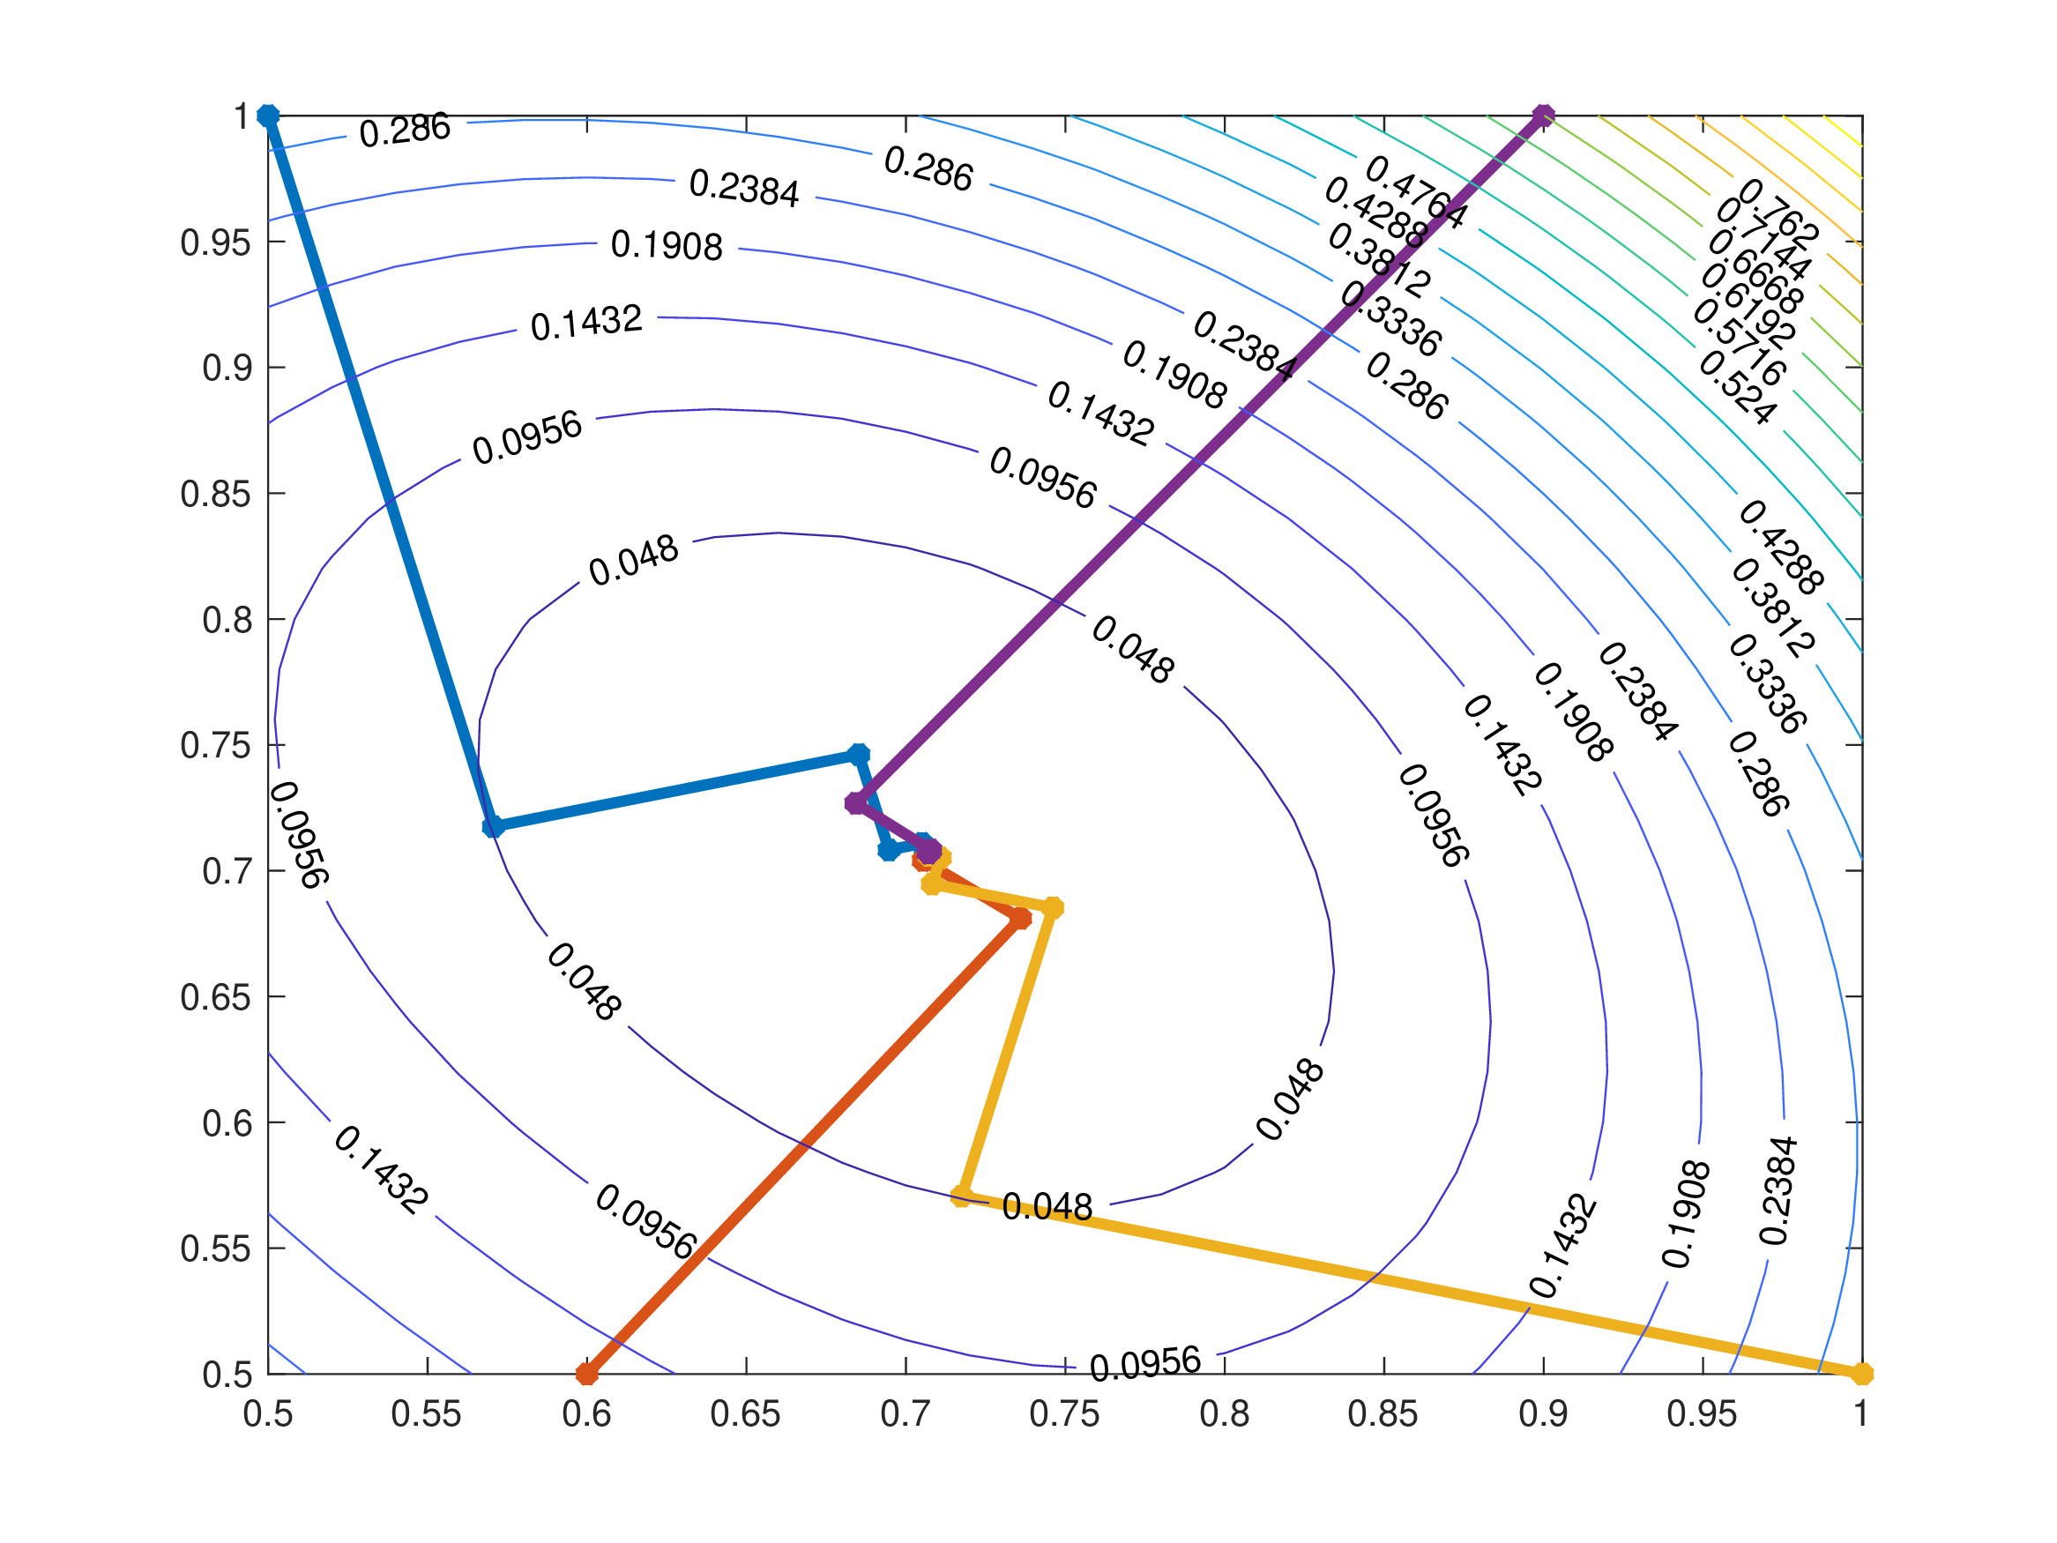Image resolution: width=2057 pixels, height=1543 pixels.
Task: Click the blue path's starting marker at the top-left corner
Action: [268, 116]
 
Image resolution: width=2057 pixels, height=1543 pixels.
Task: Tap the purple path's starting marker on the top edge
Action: [1543, 116]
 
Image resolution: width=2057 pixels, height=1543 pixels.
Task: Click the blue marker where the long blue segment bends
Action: [493, 827]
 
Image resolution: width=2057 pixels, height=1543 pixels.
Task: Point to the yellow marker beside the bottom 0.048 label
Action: [962, 1196]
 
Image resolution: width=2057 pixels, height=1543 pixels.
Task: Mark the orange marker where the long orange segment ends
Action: [1020, 919]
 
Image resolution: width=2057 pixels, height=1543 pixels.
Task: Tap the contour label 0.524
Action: [1737, 389]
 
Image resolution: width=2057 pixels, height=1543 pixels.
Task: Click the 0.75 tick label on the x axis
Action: [1064, 1414]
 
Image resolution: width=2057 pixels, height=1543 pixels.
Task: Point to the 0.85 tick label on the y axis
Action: [216, 494]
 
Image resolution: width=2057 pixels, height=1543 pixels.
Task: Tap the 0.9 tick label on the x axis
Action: [1543, 1414]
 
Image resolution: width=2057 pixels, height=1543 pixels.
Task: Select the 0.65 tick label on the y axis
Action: [216, 997]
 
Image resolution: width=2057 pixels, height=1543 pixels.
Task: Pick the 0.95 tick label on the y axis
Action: [216, 242]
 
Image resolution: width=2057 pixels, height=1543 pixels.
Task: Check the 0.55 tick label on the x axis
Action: [427, 1414]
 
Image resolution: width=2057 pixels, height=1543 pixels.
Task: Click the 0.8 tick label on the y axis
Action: [227, 620]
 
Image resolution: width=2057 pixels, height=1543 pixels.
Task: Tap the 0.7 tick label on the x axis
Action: [905, 1414]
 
